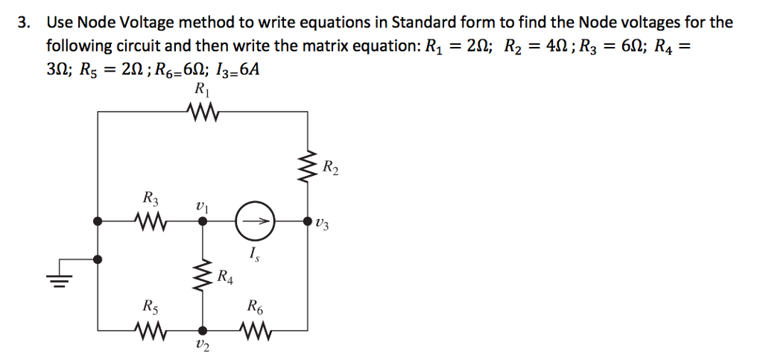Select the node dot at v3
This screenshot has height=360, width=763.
(x=307, y=221)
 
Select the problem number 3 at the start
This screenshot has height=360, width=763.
(x=24, y=22)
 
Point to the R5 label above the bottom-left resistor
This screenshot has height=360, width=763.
(x=150, y=306)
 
